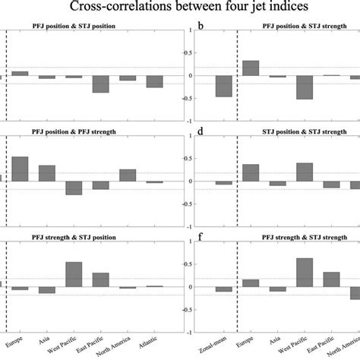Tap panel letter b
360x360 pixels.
(x=200, y=25)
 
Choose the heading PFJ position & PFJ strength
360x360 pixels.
(x=84, y=134)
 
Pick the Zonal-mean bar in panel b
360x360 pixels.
(x=223, y=86)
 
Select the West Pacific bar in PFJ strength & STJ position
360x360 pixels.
(x=74, y=274)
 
